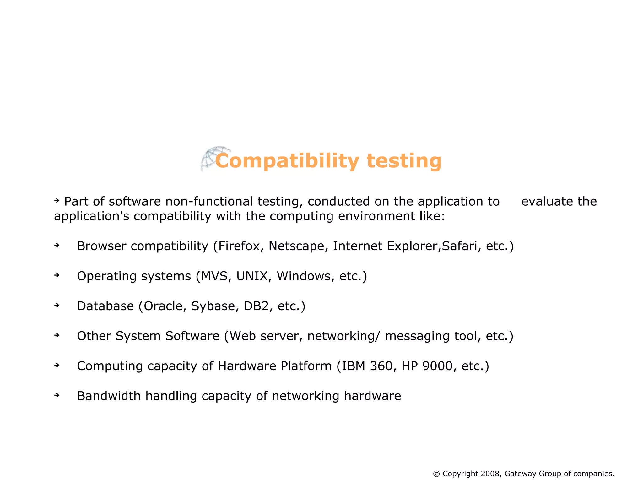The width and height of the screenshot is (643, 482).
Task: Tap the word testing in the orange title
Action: [404, 161]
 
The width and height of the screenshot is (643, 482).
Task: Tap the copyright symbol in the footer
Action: [436, 474]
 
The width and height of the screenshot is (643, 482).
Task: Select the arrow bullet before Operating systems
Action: [57, 275]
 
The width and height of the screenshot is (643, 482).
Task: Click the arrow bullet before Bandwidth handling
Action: [57, 395]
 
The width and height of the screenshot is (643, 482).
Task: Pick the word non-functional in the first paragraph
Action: [209, 202]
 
